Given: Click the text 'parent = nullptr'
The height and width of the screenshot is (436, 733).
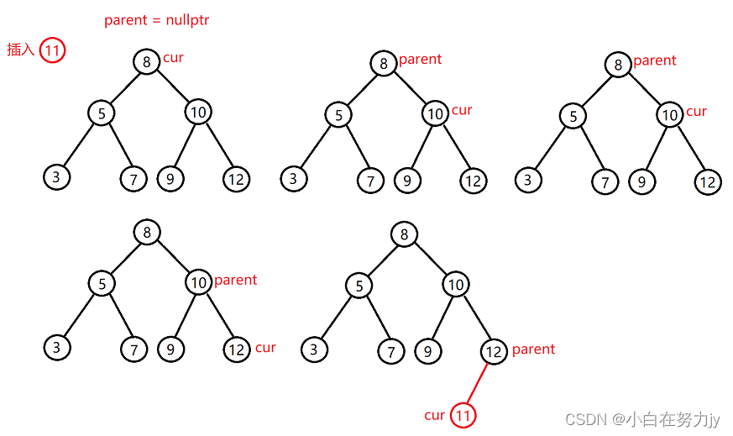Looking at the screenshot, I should point(156,20).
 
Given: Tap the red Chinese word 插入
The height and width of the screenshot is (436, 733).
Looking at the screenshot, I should point(20,50).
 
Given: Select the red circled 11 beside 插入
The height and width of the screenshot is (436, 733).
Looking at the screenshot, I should point(52,50).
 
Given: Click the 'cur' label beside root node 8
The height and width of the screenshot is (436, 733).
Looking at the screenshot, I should point(174,58).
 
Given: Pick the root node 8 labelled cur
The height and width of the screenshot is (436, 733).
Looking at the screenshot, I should point(146,61).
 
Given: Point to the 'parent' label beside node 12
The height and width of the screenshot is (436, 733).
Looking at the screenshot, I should point(533,349).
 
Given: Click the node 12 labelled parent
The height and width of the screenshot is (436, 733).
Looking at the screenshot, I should point(495,352).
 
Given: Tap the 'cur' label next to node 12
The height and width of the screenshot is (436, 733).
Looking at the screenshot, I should point(265,348).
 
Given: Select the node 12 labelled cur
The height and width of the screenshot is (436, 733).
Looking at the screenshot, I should point(237,349).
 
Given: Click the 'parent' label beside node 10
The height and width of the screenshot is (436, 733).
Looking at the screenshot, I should point(236,281).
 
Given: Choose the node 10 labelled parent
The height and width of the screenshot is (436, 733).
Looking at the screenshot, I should point(198,283).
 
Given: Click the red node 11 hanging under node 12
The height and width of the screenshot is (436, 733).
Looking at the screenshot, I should point(463,415).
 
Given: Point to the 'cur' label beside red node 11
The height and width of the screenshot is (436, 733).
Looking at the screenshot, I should point(434,415).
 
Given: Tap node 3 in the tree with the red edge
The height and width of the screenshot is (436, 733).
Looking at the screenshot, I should point(314,349).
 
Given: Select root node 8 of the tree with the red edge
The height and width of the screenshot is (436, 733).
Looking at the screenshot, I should point(404,234).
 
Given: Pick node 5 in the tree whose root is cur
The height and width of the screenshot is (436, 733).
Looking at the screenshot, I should point(101,112).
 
